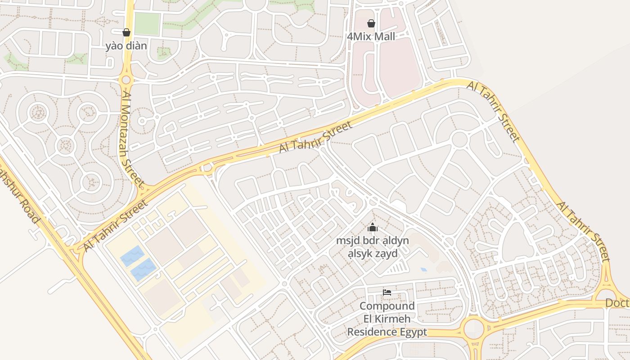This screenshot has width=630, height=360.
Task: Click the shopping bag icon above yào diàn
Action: point(126,32)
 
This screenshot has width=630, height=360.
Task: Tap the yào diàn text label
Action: point(126,46)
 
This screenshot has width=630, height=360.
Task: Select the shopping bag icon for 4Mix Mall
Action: point(371,23)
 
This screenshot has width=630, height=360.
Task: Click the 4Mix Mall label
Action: point(371,36)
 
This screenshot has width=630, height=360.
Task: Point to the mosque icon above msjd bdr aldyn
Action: point(372,228)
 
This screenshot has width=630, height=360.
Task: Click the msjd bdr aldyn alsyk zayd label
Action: point(373,247)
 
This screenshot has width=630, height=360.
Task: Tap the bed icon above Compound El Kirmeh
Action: point(387,292)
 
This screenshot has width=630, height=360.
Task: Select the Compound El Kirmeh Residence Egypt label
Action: point(387,319)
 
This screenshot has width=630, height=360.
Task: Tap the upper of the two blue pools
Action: point(132,256)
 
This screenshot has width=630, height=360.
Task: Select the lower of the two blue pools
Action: point(144,270)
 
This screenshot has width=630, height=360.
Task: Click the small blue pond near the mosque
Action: point(424,270)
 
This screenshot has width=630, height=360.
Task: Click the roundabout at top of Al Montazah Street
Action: point(126,80)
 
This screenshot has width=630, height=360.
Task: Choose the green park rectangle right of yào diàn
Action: point(147,24)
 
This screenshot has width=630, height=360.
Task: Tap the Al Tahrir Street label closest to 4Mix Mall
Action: point(494,112)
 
